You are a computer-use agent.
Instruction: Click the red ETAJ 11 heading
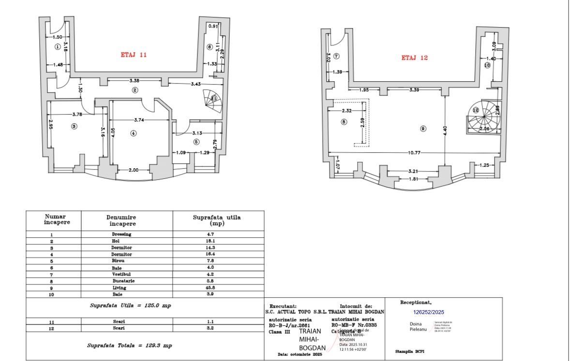[134, 55]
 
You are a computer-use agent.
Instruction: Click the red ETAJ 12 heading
[415, 58]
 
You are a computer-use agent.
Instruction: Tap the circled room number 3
[74, 127]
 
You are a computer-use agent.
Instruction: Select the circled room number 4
[133, 133]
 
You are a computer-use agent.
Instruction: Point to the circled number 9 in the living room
[423, 129]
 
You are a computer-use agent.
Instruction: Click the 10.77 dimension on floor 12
[414, 153]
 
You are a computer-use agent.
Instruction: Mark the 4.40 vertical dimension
[445, 130]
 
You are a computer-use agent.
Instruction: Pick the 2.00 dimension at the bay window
[133, 170]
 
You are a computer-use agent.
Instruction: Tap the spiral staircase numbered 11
[213, 100]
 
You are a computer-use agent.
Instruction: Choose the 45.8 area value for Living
[217, 288]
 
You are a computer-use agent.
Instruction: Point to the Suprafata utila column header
[217, 220]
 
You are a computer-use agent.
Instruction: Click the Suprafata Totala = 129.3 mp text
[129, 346]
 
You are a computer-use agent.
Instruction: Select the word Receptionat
[415, 303]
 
